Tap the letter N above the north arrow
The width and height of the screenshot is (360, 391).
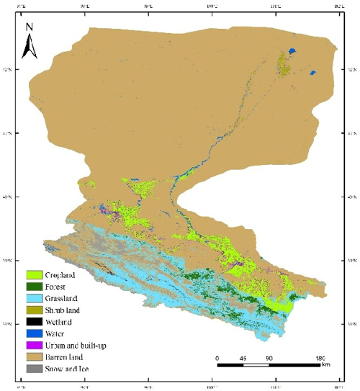[x=30, y=27]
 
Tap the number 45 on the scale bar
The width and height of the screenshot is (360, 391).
[x=244, y=358]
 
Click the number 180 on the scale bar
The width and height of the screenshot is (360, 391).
[x=322, y=358]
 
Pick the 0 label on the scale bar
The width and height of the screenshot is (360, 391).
[x=217, y=358]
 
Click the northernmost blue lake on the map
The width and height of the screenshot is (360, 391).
[x=291, y=51]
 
